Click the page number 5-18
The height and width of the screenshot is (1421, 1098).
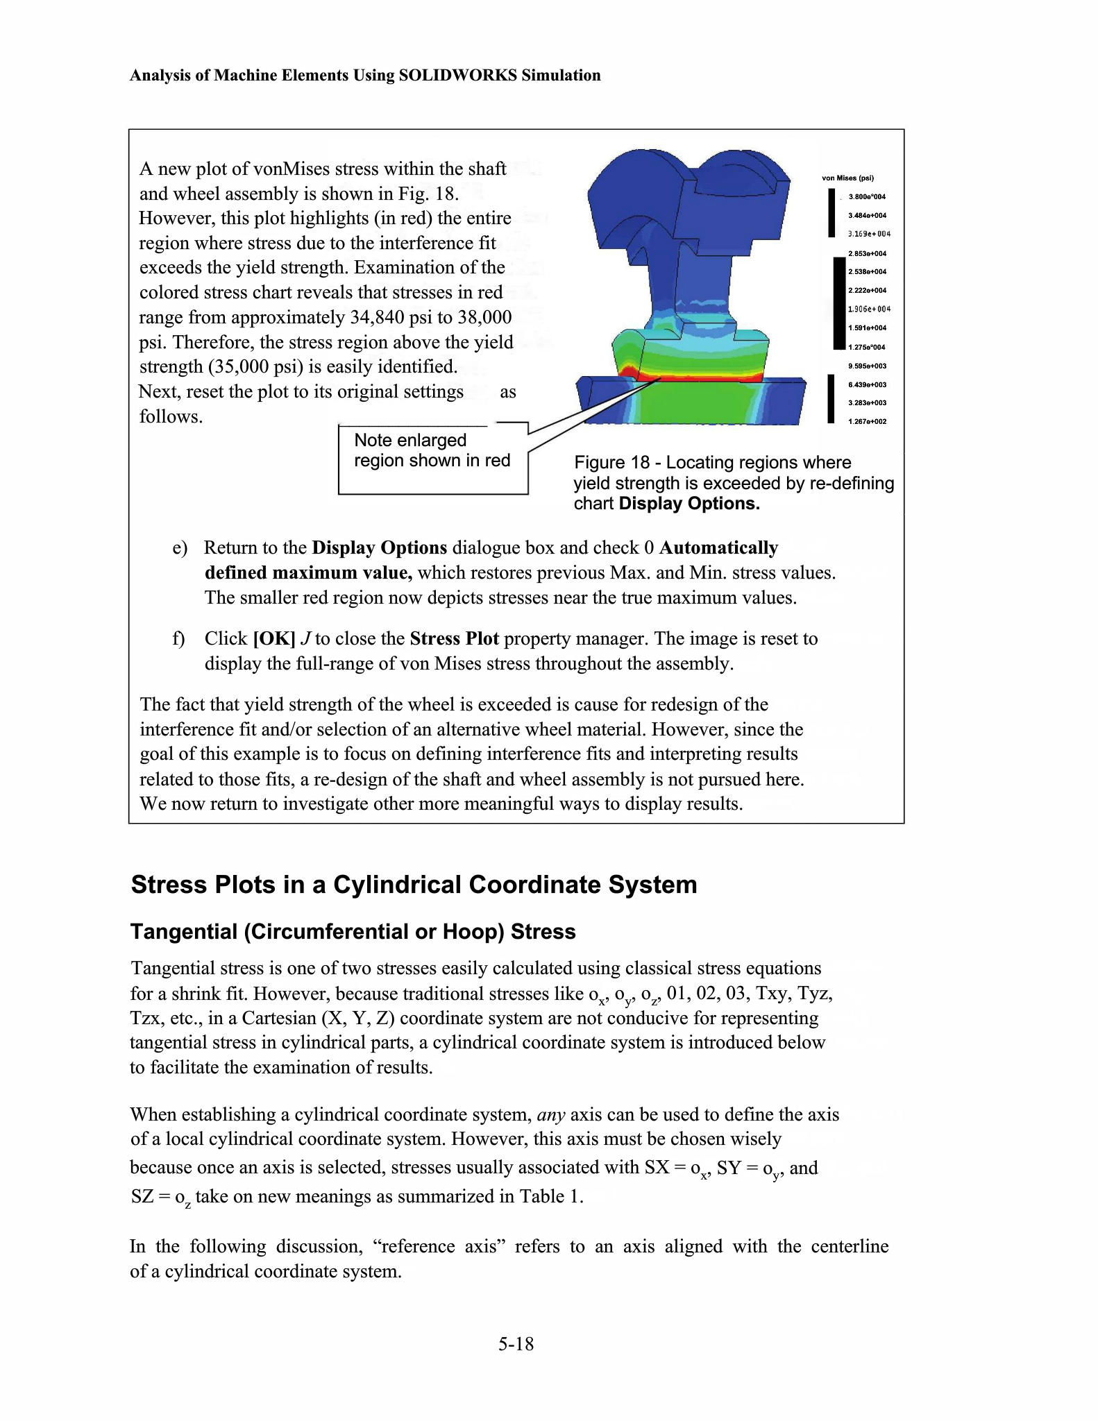516,1345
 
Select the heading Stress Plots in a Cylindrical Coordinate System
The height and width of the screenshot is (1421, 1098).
414,885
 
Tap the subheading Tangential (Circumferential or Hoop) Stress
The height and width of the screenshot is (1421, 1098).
353,932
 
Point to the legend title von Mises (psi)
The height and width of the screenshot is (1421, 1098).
847,178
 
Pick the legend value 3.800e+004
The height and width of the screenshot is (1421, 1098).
867,197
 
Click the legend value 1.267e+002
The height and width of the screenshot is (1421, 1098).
867,422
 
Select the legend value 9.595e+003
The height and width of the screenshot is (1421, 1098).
867,366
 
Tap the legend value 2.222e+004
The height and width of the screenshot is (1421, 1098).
867,291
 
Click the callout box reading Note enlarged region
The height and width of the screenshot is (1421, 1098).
432,459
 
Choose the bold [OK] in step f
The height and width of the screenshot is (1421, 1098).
274,639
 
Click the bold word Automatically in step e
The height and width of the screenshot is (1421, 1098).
718,548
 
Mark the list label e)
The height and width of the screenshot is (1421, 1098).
180,548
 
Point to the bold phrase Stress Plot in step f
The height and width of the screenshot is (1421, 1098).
454,639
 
